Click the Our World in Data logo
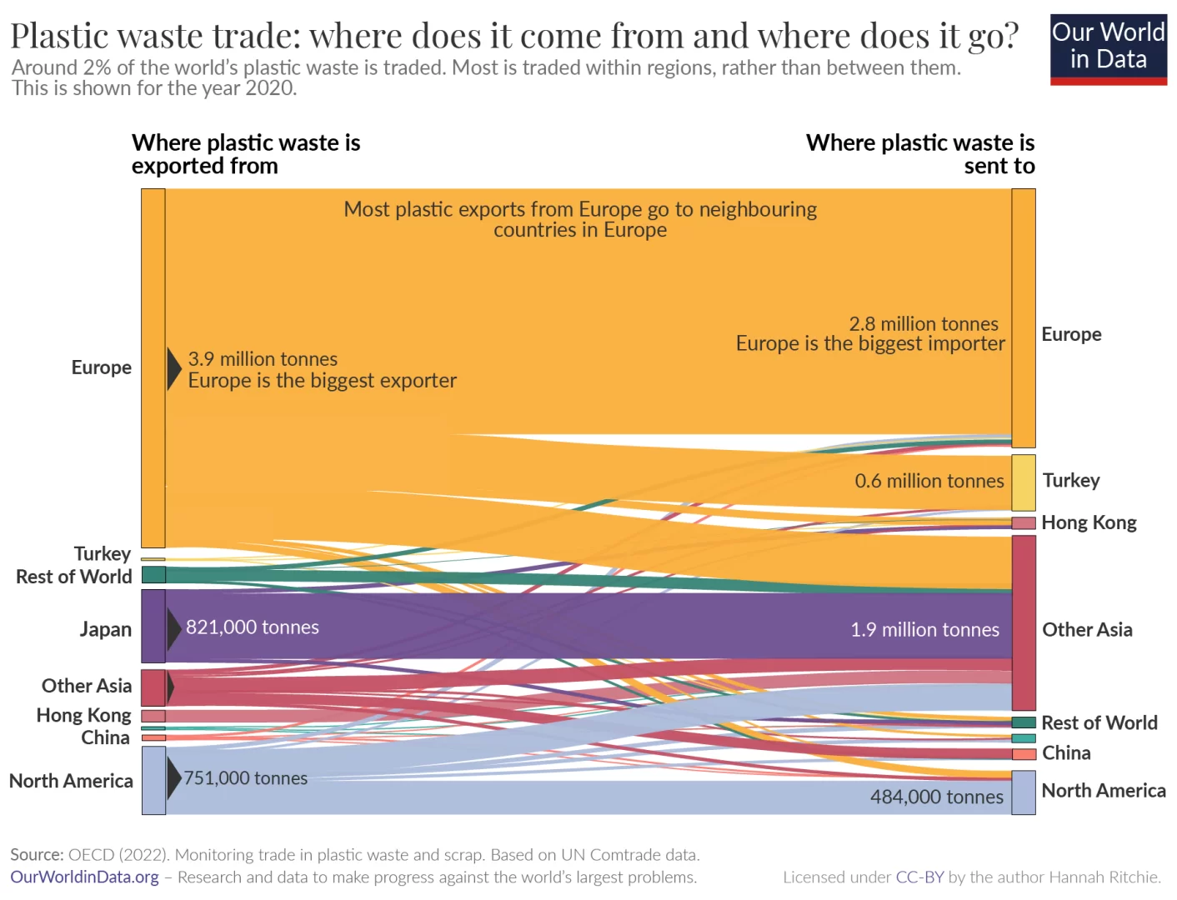(1108, 49)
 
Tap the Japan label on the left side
(105, 629)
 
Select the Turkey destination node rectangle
(1023, 482)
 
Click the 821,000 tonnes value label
(252, 627)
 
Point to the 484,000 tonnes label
(936, 797)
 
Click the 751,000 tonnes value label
(245, 778)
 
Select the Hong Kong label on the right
(1089, 522)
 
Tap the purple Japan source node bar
(153, 626)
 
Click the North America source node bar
(153, 780)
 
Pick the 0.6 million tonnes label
(929, 481)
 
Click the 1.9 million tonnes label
(924, 630)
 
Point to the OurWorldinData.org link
(84, 877)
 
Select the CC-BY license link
(919, 877)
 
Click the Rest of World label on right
(1099, 722)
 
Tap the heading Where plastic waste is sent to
(919, 154)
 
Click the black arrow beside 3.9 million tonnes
(173, 369)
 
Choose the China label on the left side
(105, 737)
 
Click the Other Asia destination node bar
(1023, 622)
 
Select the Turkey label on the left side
(102, 554)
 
